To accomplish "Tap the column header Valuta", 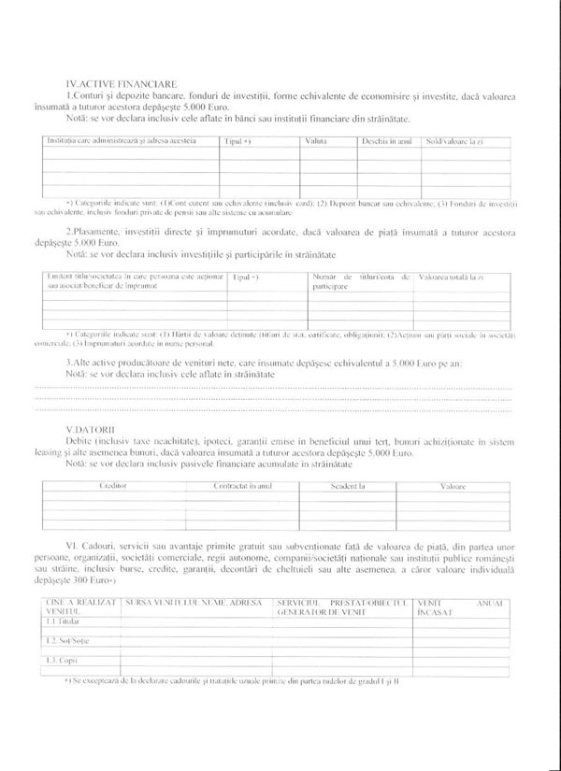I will pyautogui.click(x=315, y=140).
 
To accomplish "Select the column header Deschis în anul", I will pyautogui.click(x=385, y=140).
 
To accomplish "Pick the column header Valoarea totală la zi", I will pyautogui.click(x=451, y=278).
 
